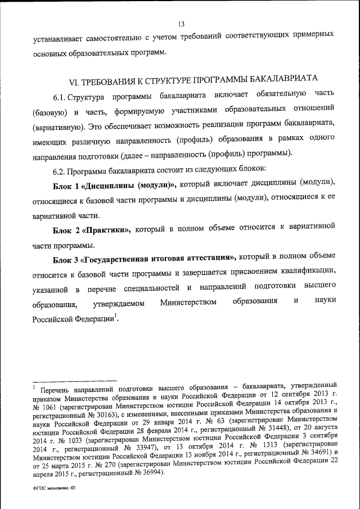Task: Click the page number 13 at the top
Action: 181,24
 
